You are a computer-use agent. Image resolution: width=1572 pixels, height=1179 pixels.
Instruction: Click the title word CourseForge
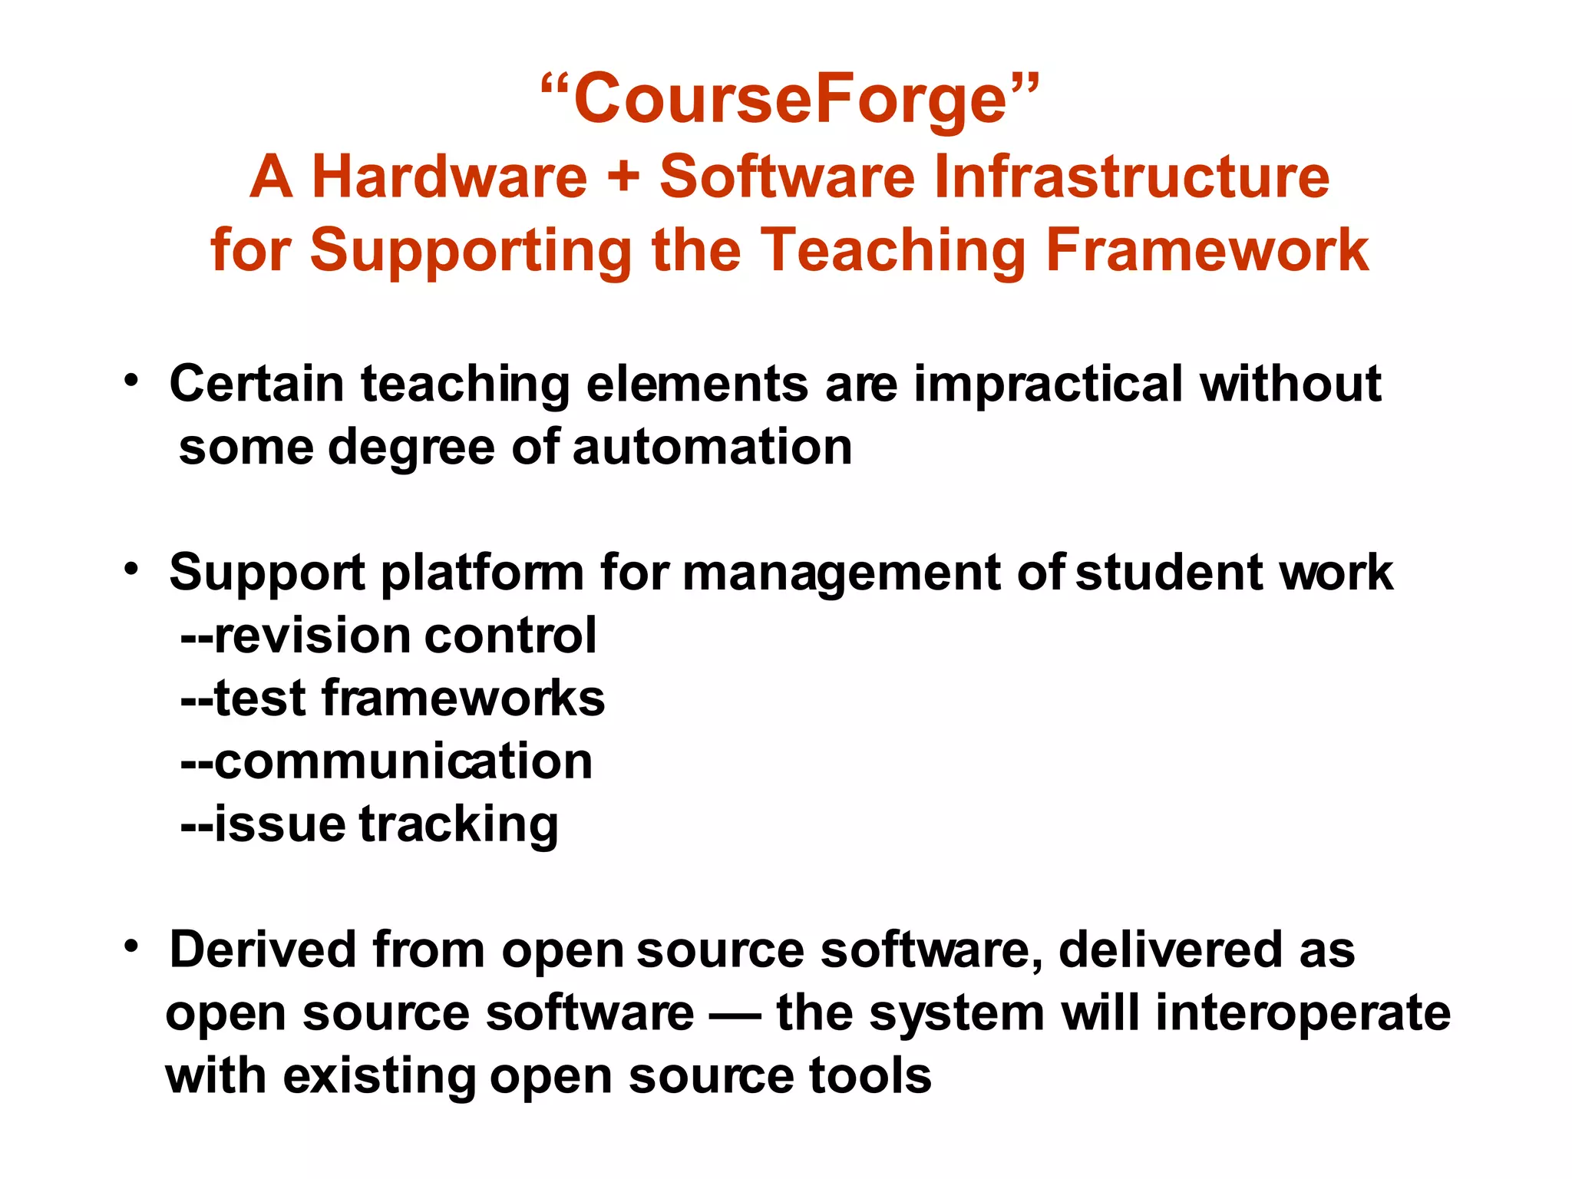[x=790, y=99]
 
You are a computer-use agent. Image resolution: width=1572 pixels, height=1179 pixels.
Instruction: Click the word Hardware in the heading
[x=449, y=177]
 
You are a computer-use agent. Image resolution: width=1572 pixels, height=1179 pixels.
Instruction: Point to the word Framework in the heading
[x=1207, y=250]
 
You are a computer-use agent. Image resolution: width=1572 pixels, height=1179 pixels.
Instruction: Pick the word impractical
[x=1049, y=383]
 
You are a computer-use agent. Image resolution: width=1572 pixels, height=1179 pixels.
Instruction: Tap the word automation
[x=712, y=447]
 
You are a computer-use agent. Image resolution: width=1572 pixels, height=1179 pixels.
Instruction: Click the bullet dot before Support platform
[x=132, y=569]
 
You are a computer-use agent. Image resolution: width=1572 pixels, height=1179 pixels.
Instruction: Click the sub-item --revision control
[x=388, y=636]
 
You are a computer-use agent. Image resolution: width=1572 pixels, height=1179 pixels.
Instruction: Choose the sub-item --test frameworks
[x=392, y=698]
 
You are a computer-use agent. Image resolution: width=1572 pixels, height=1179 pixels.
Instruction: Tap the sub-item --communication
[x=386, y=761]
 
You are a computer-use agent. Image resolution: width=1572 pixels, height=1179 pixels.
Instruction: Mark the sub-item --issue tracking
[x=369, y=824]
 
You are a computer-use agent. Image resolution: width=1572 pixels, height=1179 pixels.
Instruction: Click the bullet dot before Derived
[x=132, y=946]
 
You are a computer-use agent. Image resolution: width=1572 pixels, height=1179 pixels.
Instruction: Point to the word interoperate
[x=1303, y=1013]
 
